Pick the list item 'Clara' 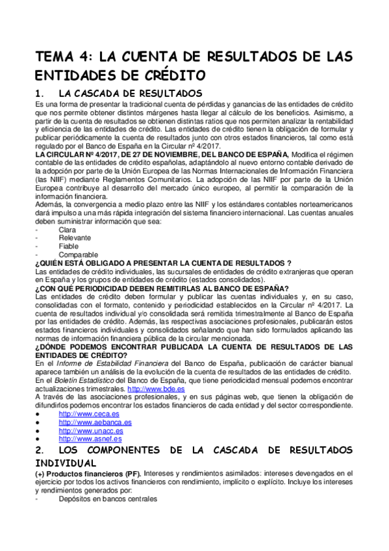(67, 230)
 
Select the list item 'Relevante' (75, 238)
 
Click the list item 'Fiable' (69, 246)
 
